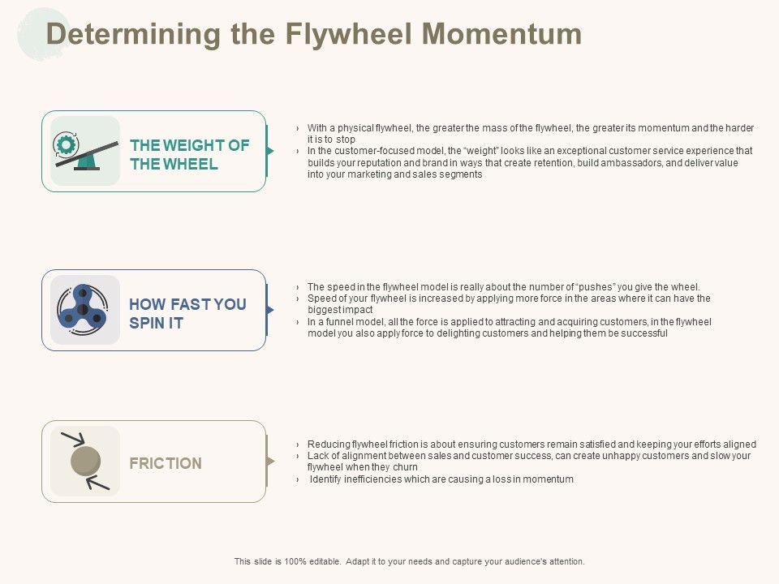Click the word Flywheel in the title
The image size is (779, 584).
coord(348,34)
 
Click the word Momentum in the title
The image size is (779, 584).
coord(501,34)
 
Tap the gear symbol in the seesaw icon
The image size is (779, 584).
coord(66,144)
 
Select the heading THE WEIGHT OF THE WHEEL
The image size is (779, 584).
coord(189,154)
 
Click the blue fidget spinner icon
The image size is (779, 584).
coord(83,309)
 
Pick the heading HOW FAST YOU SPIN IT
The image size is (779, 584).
coord(187,313)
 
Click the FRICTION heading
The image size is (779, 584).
coord(166,463)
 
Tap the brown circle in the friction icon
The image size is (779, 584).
coord(85,461)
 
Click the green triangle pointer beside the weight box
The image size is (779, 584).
coord(269,151)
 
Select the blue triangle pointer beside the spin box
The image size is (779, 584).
coord(269,310)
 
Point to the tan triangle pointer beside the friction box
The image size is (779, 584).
coord(269,462)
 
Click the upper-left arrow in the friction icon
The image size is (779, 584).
coord(73,439)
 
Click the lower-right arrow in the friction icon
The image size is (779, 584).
coord(98,483)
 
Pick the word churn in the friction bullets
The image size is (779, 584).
coord(405,467)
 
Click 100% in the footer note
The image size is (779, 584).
coord(295,561)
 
